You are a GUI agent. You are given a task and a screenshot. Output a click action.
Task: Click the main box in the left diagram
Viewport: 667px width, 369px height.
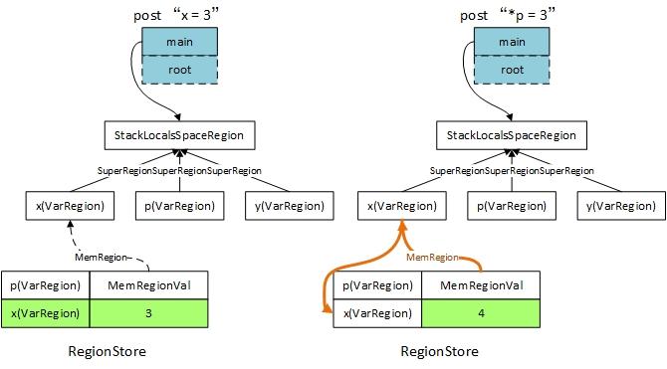pyautogui.click(x=178, y=42)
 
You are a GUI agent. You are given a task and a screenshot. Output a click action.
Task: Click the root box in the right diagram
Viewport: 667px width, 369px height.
pyautogui.click(x=512, y=70)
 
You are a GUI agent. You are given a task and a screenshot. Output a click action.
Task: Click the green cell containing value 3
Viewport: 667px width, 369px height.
pyautogui.click(x=148, y=313)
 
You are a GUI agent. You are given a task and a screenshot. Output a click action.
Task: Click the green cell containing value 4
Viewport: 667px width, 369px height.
pyautogui.click(x=482, y=313)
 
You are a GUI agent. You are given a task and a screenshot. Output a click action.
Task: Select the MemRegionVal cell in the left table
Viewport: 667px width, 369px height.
pyautogui.click(x=148, y=285)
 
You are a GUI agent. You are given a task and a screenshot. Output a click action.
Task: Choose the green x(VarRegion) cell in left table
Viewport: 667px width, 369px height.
pyautogui.click(x=45, y=313)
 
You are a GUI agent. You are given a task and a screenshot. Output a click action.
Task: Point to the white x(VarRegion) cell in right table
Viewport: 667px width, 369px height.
pyautogui.click(x=378, y=313)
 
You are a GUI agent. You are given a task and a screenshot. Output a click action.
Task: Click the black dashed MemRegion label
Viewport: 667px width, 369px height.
pyautogui.click(x=104, y=257)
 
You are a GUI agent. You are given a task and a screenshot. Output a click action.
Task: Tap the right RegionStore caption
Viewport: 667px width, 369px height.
pyautogui.click(x=439, y=351)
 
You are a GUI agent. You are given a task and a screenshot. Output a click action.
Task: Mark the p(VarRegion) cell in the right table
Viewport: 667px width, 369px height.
pyautogui.click(x=378, y=285)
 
